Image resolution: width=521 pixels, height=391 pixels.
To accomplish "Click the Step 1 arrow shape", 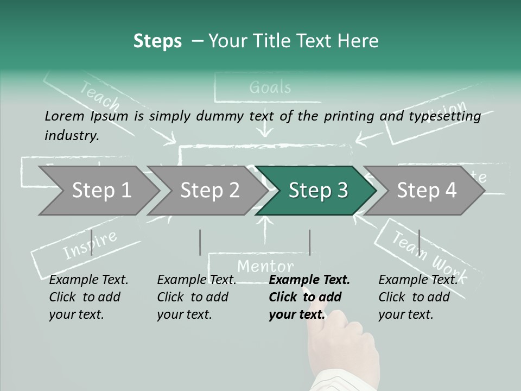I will tap(100, 191).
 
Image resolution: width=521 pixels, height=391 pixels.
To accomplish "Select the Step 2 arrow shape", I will tap(209, 191).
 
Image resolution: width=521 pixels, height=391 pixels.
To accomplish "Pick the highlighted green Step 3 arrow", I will tap(317, 191).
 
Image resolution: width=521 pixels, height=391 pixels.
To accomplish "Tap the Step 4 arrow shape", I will tap(427, 191).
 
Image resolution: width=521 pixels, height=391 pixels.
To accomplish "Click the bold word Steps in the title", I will tap(157, 41).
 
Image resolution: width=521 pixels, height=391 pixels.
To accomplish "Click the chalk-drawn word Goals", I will tap(270, 87).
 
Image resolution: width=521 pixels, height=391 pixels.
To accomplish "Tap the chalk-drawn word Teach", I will tap(100, 96).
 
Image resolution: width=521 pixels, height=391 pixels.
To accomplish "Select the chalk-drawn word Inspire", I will tap(90, 245).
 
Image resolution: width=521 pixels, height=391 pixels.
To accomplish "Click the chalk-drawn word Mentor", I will tap(265, 266).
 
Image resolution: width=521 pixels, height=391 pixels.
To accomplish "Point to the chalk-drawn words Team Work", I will tap(429, 253).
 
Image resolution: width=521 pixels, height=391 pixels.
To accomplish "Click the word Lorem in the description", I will tap(65, 116).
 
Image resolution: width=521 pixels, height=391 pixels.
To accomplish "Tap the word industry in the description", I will tap(71, 135).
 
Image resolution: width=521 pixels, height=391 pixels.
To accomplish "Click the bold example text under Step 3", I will tap(309, 297).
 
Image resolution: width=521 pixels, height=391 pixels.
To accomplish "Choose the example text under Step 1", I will tap(88, 297).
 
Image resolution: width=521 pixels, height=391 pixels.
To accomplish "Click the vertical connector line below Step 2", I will tap(200, 242).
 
